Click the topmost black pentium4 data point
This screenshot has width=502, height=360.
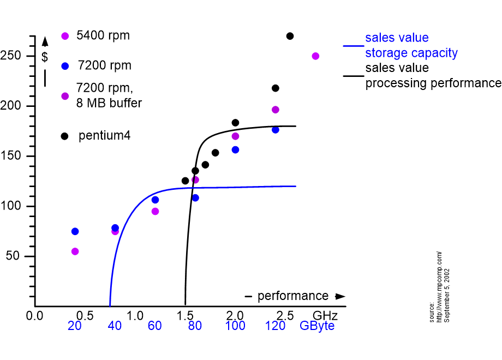point(290,36)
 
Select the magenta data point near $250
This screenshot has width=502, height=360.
point(315,56)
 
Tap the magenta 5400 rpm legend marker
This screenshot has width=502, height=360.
point(65,36)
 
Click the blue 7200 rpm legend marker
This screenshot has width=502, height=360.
point(65,66)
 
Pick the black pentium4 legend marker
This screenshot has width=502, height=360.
point(65,136)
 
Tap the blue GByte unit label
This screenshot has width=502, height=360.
point(317,326)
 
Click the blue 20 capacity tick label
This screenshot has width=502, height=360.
point(75,326)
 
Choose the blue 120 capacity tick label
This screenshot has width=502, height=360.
point(275,326)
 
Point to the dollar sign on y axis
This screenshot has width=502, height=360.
point(45,57)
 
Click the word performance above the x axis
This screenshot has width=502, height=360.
point(293,296)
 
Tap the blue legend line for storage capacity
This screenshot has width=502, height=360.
point(353,46)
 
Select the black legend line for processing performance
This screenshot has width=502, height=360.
point(353,76)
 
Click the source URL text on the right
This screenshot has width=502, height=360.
point(439,286)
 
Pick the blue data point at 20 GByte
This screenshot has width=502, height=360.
point(75,231)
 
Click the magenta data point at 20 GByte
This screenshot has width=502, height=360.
point(75,251)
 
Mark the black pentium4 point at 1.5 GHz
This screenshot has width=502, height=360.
point(185,181)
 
